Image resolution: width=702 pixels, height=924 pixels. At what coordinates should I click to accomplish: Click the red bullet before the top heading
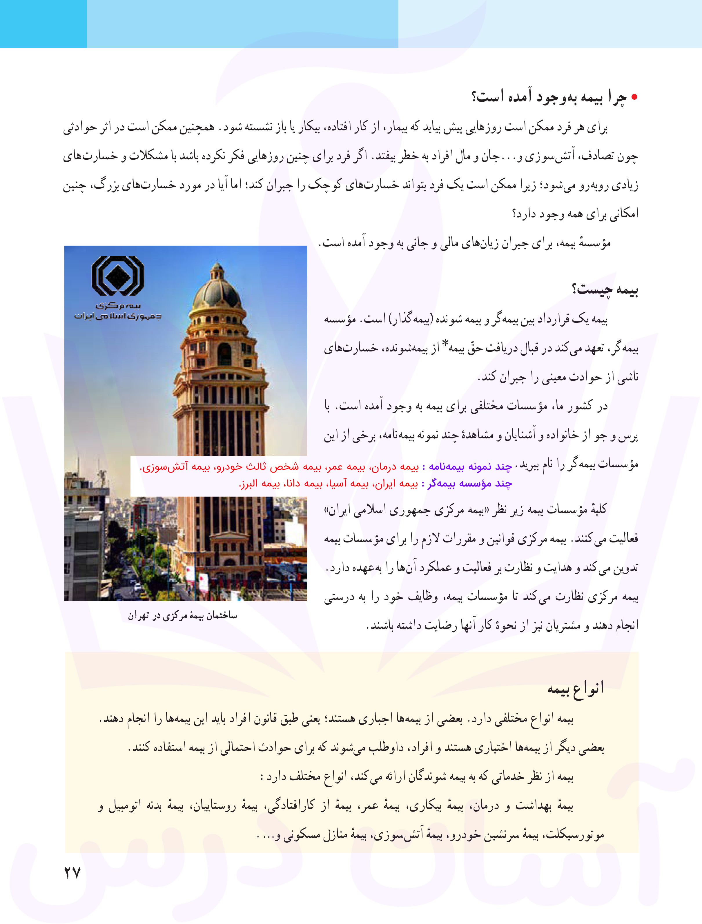(x=634, y=97)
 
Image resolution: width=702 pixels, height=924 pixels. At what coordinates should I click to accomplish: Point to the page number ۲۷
(x=72, y=872)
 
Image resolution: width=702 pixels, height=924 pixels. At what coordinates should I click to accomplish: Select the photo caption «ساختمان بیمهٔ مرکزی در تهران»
(x=182, y=615)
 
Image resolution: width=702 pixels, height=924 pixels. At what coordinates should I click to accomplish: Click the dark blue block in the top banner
(x=43, y=23)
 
